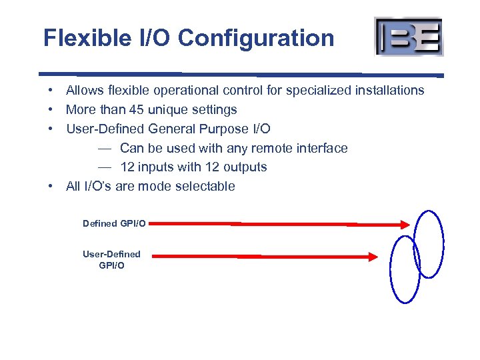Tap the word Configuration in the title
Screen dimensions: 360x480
tap(256, 38)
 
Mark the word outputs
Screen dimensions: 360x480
tap(245, 167)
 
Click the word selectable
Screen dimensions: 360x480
tap(204, 186)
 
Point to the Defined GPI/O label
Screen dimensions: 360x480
tap(114, 223)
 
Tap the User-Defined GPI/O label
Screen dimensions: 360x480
tap(111, 259)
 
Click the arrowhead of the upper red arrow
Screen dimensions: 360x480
tap(405, 226)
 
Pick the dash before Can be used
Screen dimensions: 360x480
tap(104, 148)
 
